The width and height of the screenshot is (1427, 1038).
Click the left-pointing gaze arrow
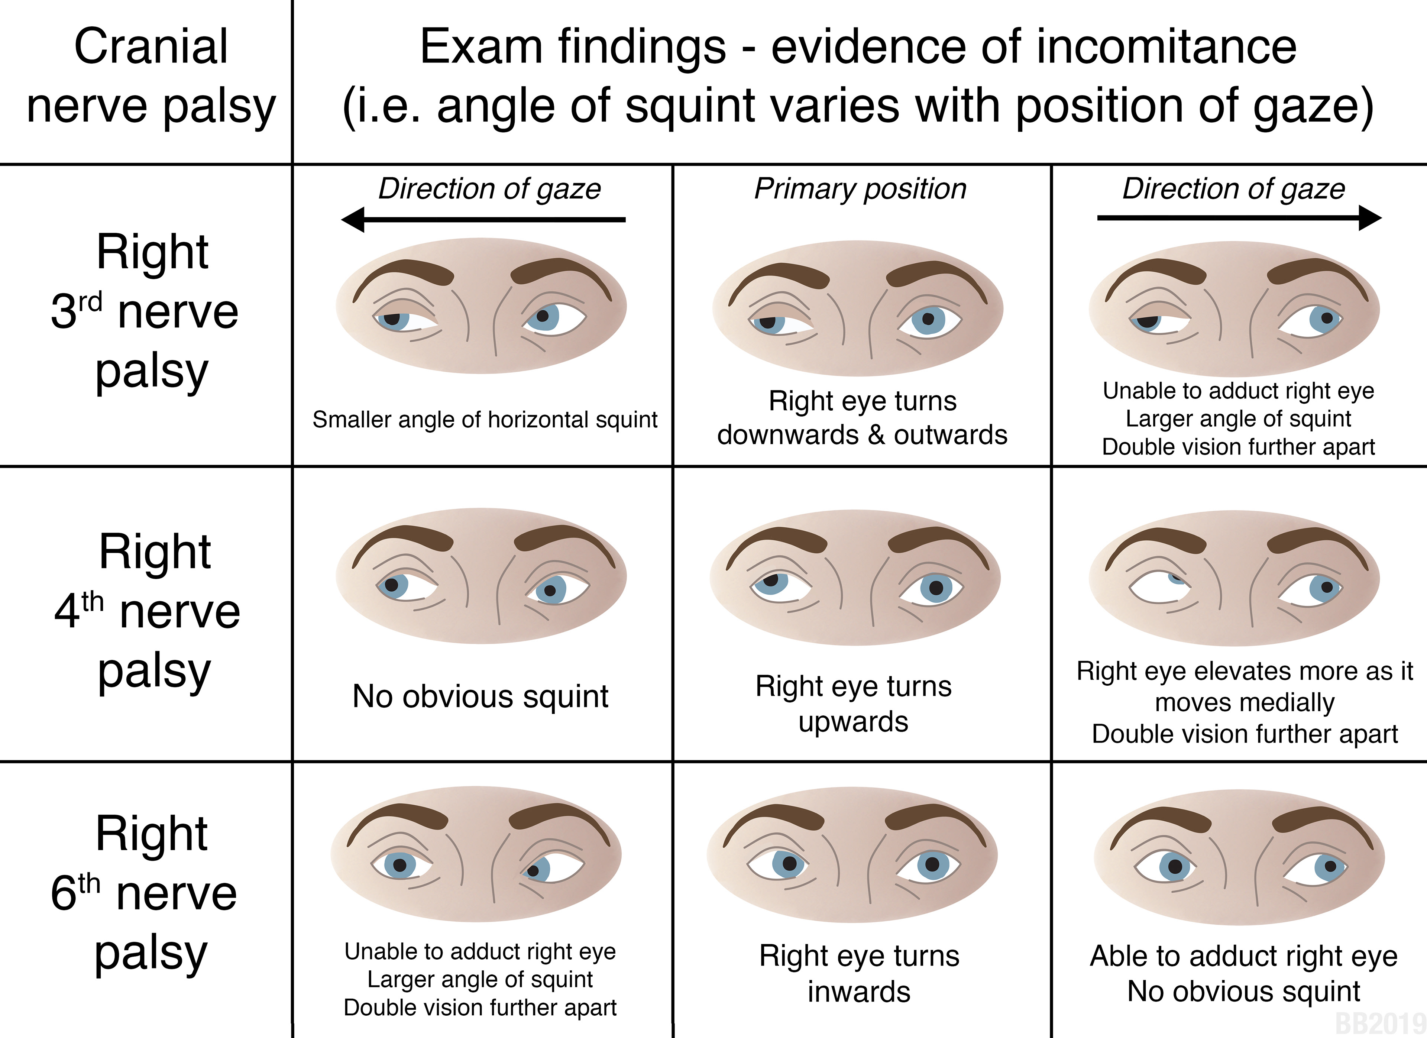483,220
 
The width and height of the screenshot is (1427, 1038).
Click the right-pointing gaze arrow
1238,218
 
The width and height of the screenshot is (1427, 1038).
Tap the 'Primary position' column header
860,189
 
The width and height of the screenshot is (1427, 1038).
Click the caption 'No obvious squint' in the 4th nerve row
480,696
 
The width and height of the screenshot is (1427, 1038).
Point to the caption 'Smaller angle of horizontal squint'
485,420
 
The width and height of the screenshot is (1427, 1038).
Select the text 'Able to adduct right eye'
1243,956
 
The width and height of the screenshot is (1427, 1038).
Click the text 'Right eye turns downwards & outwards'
862,418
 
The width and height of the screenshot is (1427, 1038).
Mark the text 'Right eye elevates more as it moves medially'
1245,687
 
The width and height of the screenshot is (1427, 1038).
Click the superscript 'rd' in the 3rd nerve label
90,302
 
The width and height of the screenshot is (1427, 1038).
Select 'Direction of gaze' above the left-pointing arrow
489,189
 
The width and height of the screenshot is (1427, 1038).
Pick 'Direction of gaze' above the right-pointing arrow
1233,189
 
